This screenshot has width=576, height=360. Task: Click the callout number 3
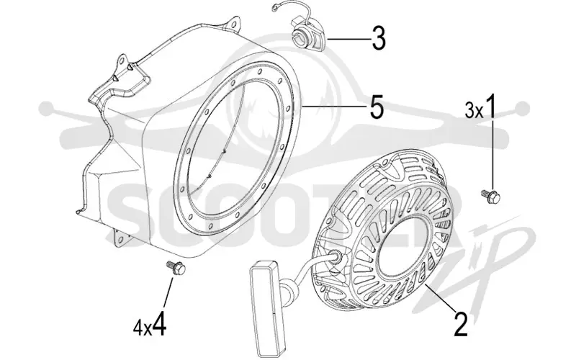(x=379, y=38)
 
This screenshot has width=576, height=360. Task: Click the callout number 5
(x=377, y=107)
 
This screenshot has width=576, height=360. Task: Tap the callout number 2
(x=461, y=325)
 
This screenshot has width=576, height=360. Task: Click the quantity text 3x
(x=474, y=110)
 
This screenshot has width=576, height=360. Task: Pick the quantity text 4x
(x=142, y=328)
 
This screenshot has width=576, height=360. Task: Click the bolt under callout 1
(x=491, y=196)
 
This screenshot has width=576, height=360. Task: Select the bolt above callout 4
(x=176, y=267)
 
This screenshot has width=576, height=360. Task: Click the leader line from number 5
(x=334, y=107)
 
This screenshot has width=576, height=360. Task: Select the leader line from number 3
(x=348, y=39)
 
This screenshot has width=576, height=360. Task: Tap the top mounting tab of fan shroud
(x=231, y=23)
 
